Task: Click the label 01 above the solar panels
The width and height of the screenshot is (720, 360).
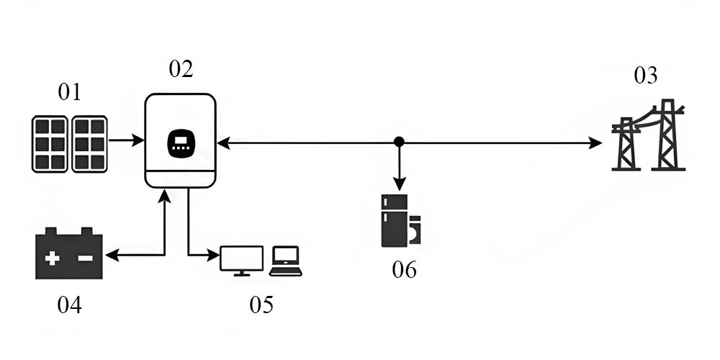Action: [x=69, y=92]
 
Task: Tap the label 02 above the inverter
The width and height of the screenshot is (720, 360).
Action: [x=181, y=69]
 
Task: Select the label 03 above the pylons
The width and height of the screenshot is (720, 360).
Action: [x=645, y=75]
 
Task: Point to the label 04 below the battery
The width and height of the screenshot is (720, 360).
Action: [x=69, y=305]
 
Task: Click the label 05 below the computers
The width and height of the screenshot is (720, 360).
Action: [x=261, y=305]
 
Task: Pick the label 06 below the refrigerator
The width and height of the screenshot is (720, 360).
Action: [x=404, y=270]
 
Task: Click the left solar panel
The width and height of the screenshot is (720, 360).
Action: [x=50, y=144]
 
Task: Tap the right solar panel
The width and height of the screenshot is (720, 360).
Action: [x=90, y=144]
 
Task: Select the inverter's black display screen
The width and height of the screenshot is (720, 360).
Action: [x=181, y=143]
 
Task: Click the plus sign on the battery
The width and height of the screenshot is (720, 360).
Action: [x=53, y=257]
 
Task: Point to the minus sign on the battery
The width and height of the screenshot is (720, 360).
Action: [x=85, y=257]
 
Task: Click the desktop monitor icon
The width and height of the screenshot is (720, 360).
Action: [x=241, y=259]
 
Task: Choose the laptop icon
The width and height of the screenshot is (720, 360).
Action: [x=286, y=261]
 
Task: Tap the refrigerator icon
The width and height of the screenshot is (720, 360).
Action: [x=395, y=220]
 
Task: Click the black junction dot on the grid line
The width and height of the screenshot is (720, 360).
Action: [x=399, y=142]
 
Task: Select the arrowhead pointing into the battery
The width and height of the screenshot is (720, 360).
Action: [x=110, y=254]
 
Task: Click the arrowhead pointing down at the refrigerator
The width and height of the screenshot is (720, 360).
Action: [x=399, y=186]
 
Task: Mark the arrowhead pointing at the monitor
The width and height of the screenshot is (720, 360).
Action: [x=214, y=254]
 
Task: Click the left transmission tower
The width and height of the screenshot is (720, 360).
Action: [x=626, y=144]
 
